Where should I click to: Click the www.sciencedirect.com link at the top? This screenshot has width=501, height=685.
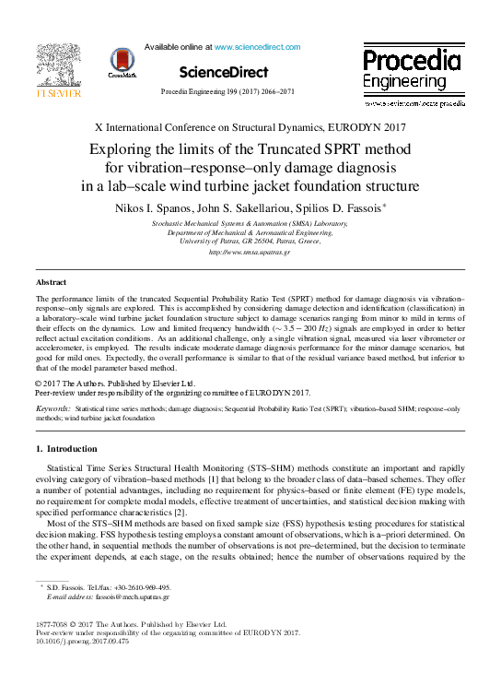click(257, 46)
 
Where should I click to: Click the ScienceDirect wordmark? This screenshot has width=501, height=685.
click(223, 72)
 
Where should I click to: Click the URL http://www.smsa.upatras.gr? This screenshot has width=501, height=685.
click(250, 252)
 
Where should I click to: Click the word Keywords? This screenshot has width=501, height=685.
click(52, 407)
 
